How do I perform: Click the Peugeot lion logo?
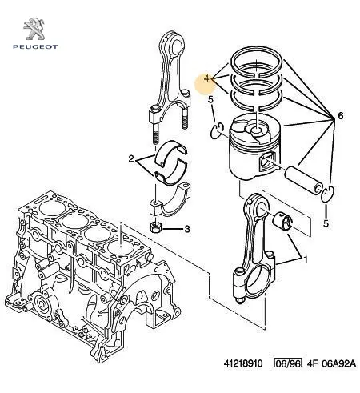pyautogui.click(x=34, y=29)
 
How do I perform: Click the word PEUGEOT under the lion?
pyautogui.click(x=35, y=47)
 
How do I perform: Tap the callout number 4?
pyautogui.click(x=208, y=78)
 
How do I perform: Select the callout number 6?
pyautogui.click(x=341, y=116)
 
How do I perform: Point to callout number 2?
pyautogui.click(x=131, y=159)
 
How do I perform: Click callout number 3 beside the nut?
pyautogui.click(x=187, y=229)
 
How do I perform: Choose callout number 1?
pyautogui.click(x=306, y=259)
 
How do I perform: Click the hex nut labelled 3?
pyautogui.click(x=155, y=227)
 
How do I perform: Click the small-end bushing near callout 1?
pyautogui.click(x=282, y=220)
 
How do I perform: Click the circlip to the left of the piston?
pyautogui.click(x=217, y=130)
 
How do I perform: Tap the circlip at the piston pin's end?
pyautogui.click(x=327, y=193)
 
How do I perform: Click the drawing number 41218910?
pyautogui.click(x=243, y=363)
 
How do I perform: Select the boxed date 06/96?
pyautogui.click(x=288, y=363)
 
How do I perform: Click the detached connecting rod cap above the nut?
pyautogui.click(x=170, y=199)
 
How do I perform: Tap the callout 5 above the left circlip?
pyautogui.click(x=210, y=100)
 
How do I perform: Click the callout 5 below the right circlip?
pyautogui.click(x=326, y=223)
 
